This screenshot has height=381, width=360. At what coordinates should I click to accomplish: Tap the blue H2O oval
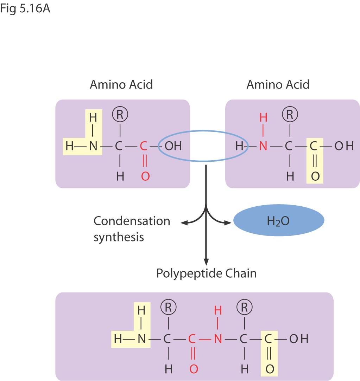279,221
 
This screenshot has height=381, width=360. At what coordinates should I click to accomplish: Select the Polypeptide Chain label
207,273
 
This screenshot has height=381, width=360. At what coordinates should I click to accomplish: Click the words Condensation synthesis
132,229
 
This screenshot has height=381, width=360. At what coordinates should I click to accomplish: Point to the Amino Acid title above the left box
121,85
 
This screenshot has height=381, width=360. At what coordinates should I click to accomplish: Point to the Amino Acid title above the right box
278,85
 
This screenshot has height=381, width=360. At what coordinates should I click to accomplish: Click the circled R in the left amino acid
120,114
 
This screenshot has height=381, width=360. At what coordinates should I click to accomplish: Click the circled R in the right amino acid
290,114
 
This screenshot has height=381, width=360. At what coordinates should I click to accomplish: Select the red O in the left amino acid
145,176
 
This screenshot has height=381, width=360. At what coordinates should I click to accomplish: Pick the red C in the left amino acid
144,146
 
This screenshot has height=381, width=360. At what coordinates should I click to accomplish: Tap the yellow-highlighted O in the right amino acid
315,176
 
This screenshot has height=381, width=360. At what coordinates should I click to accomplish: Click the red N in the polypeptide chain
218,339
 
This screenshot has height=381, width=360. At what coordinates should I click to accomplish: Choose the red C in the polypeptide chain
192,339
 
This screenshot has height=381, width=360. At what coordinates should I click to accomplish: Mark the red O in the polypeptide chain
194,369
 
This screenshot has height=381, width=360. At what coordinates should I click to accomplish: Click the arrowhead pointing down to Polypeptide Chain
206,262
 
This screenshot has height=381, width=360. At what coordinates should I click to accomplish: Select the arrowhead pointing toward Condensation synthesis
183,222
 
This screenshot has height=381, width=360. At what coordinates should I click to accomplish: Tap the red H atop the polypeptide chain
218,311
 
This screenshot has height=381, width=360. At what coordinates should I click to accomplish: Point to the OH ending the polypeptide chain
299,339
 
